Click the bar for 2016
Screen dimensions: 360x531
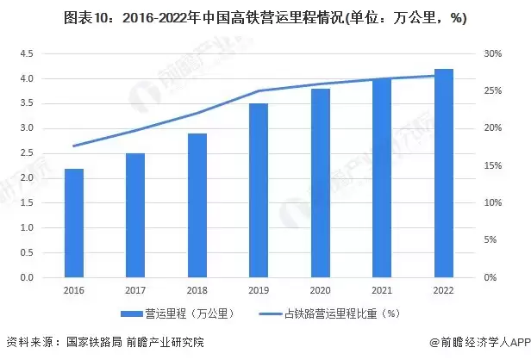pos(74,223)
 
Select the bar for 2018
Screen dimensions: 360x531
pos(197,206)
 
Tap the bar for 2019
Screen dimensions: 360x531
pos(259,190)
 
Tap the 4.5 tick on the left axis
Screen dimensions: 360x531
pos(26,53)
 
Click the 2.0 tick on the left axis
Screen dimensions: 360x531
pos(26,178)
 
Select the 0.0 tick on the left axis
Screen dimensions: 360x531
pos(26,278)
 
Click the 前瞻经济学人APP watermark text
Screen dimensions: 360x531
pos(482,342)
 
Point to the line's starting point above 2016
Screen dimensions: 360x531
pos(74,146)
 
